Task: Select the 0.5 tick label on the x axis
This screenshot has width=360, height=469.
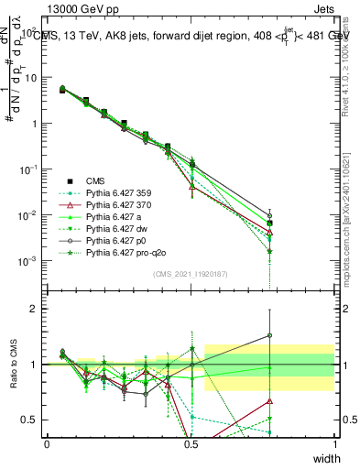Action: pyautogui.click(x=191, y=444)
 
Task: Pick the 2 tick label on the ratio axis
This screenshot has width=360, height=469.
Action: pyautogui.click(x=32, y=309)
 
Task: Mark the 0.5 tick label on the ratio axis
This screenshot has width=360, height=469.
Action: pyautogui.click(x=29, y=420)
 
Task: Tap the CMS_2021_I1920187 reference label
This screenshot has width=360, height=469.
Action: pyautogui.click(x=191, y=275)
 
